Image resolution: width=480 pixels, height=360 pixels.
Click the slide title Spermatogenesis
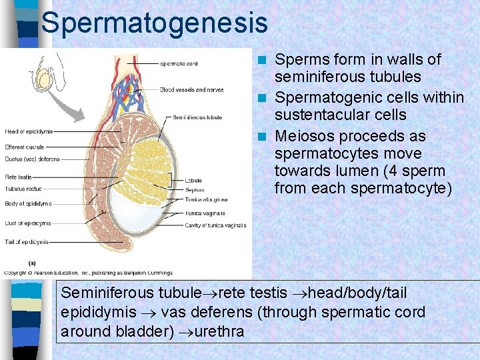click(x=154, y=23)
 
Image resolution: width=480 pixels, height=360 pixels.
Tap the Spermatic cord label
click(x=178, y=64)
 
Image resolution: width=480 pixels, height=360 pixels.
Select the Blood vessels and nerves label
click(x=191, y=89)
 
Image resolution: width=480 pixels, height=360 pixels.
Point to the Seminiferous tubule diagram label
click(x=197, y=117)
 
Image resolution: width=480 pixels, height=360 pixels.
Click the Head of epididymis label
click(x=28, y=131)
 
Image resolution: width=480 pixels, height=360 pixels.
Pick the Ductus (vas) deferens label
click(x=32, y=159)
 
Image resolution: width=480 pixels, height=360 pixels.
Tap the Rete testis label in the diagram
click(x=18, y=177)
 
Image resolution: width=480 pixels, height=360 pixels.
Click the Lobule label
click(x=194, y=179)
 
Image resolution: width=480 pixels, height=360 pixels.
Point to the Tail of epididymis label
click(x=26, y=242)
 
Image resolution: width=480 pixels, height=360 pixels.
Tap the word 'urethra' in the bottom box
click(x=221, y=331)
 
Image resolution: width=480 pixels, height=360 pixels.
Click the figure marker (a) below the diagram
click(x=31, y=263)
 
